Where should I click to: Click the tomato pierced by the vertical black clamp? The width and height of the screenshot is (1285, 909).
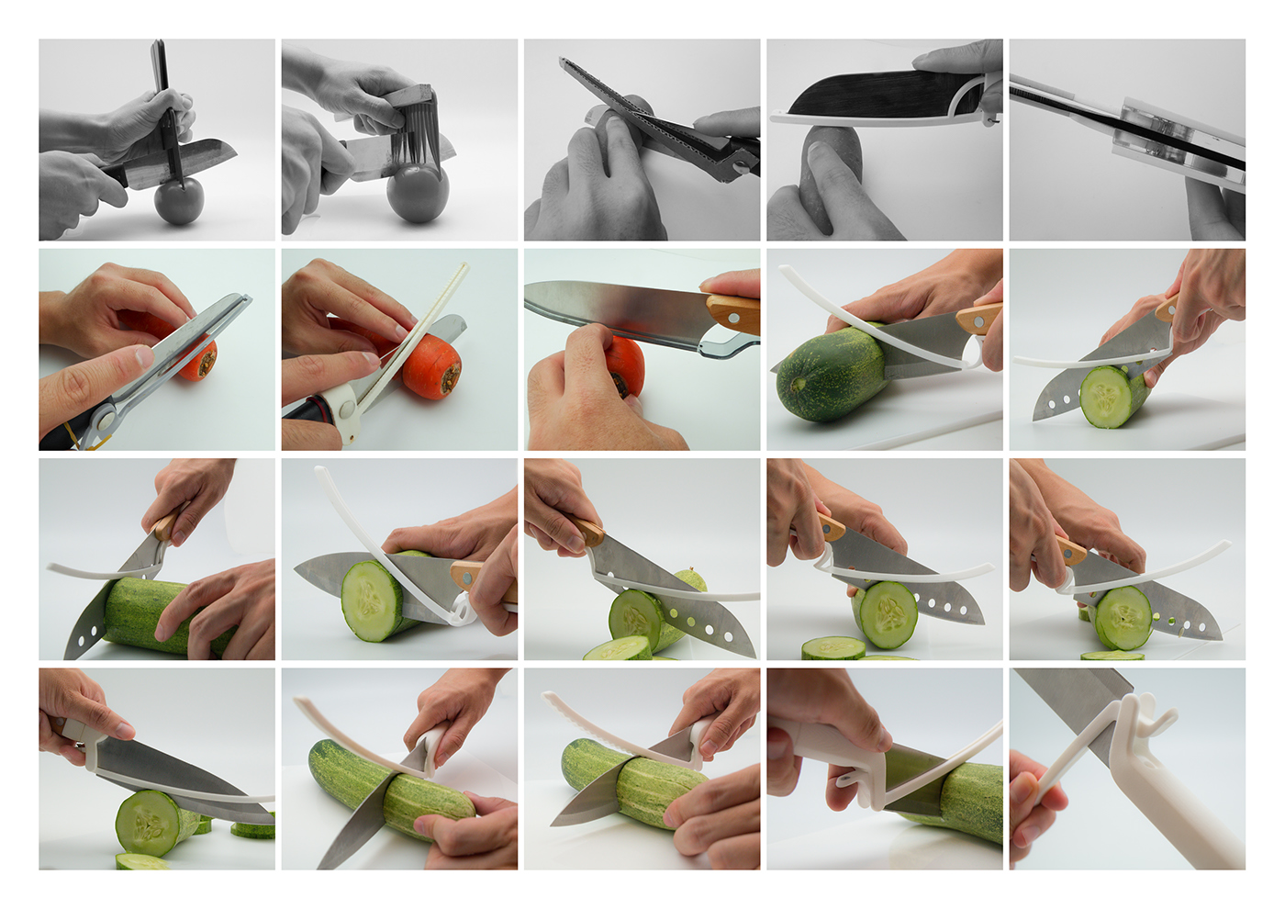178,202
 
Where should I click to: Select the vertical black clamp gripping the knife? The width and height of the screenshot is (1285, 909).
166,110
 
